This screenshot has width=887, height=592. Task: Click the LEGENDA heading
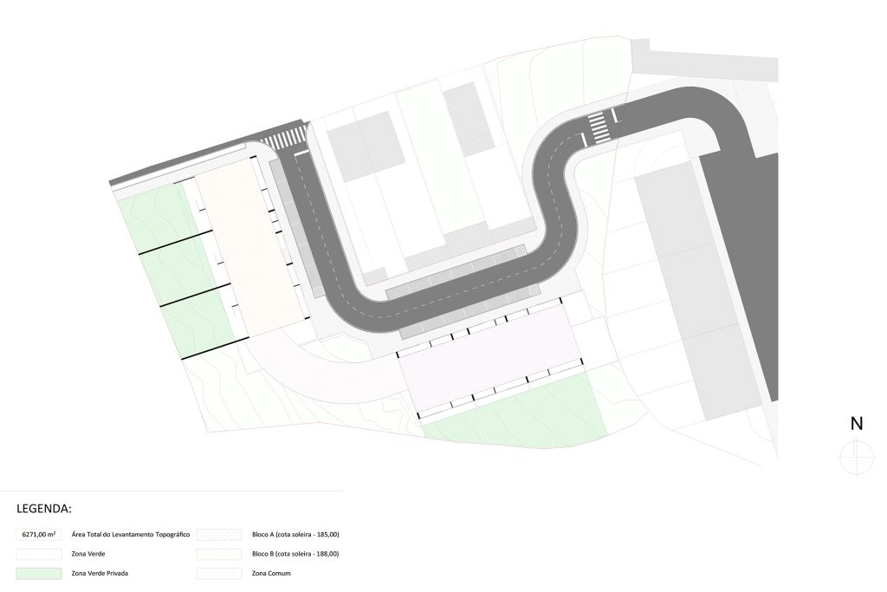pyautogui.click(x=44, y=508)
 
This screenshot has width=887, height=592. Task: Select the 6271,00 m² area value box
pyautogui.click(x=38, y=534)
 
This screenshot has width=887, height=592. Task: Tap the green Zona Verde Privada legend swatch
pyautogui.click(x=38, y=573)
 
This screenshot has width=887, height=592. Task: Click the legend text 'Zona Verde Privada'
pyautogui.click(x=100, y=573)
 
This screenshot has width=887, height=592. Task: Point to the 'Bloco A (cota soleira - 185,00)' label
pyautogui.click(x=295, y=534)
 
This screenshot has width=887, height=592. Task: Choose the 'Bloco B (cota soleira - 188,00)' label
pyautogui.click(x=295, y=554)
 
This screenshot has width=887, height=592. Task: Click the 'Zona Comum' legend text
pyautogui.click(x=271, y=573)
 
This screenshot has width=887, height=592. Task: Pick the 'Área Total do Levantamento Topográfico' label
pyautogui.click(x=131, y=534)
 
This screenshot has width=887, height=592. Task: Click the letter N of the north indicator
pyautogui.click(x=857, y=423)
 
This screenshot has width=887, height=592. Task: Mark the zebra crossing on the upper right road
pyautogui.click(x=598, y=127)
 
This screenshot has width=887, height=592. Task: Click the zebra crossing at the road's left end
pyautogui.click(x=284, y=138)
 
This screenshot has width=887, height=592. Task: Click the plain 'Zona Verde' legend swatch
pyautogui.click(x=38, y=554)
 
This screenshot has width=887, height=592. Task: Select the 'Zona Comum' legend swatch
pyautogui.click(x=219, y=573)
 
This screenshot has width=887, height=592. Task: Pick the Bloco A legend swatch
pyautogui.click(x=219, y=534)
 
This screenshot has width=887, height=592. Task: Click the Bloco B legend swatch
pyautogui.click(x=219, y=554)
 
